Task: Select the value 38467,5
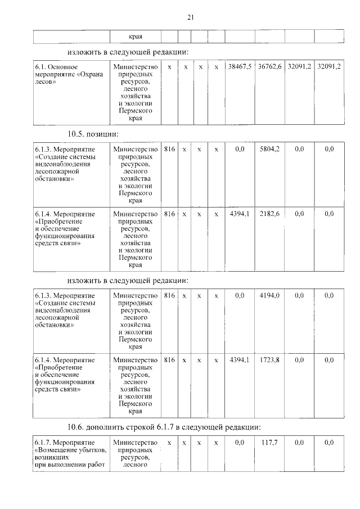click(240, 67)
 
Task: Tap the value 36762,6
click(269, 67)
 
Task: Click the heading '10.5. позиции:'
click(93, 133)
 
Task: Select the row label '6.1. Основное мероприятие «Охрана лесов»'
click(61, 74)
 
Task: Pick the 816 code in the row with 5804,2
click(169, 149)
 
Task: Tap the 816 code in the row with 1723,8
click(169, 360)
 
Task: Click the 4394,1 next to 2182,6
click(240, 214)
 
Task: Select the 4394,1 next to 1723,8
click(240, 360)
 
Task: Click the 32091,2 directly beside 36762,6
click(299, 67)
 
